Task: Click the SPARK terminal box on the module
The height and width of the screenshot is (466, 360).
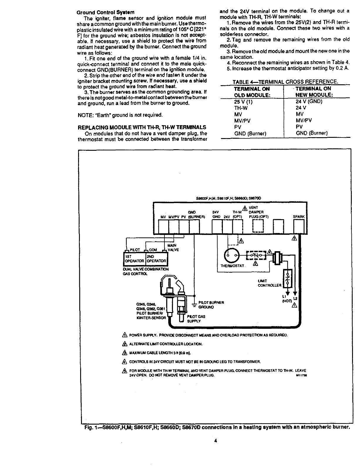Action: coord(299,226)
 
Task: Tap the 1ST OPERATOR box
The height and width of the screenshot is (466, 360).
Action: coord(134,259)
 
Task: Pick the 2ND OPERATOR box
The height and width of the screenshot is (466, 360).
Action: coord(156,259)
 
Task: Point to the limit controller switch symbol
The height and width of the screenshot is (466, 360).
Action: coord(287,278)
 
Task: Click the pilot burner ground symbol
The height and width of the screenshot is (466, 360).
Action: coord(194,305)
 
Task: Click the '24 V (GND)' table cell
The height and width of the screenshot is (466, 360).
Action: coord(309,101)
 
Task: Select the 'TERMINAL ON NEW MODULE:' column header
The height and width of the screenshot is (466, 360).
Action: coord(313,92)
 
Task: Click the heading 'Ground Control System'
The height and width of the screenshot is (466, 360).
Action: coord(105,13)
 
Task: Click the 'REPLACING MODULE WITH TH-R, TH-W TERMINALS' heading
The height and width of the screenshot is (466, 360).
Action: coord(142,127)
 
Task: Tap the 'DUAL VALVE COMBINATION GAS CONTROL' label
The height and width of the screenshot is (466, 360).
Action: coord(146,271)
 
